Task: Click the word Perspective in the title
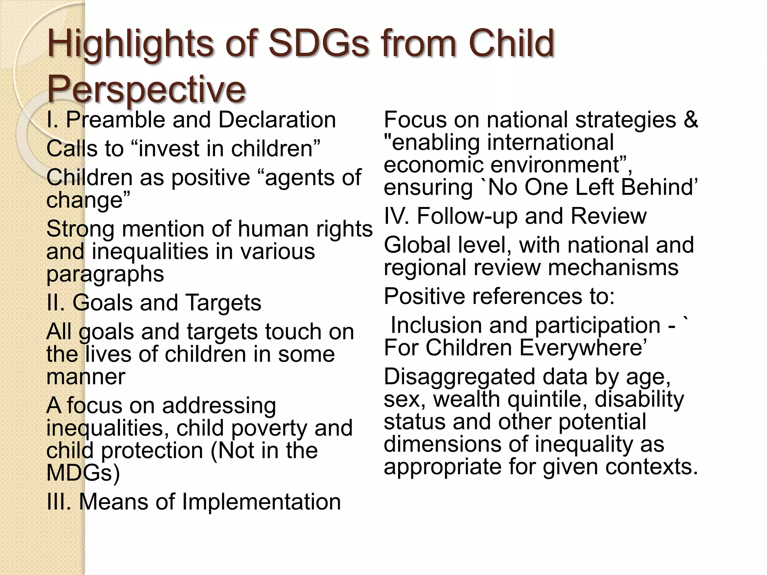146,89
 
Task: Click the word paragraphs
105,274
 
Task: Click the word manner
86,377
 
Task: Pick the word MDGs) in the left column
83,473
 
